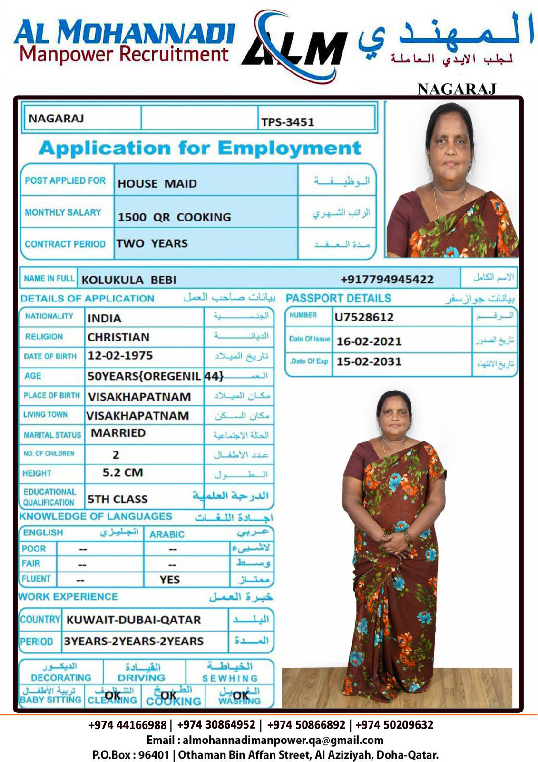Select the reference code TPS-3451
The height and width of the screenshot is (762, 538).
tap(287, 122)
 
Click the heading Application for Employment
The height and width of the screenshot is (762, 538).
tap(200, 148)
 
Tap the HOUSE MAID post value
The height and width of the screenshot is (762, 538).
tap(157, 183)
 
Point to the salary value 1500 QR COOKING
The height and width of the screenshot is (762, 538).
tap(174, 217)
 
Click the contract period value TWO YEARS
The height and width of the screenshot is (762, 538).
tap(152, 243)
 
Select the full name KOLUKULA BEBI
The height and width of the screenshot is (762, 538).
tap(129, 280)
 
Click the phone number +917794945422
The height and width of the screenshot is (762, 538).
tap(387, 279)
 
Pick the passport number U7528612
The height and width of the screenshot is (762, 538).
tap(364, 317)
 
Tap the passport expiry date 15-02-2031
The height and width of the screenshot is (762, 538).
tap(369, 361)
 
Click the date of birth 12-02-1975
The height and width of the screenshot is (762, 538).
tap(120, 356)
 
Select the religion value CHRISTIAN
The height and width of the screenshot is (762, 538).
tap(118, 337)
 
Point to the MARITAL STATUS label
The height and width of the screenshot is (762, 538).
tap(52, 435)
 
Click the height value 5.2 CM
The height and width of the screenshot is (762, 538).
tap(123, 472)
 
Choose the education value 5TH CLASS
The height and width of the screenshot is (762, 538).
tap(117, 499)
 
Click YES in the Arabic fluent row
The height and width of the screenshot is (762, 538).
tap(170, 580)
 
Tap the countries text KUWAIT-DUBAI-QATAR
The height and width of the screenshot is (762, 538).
tap(134, 620)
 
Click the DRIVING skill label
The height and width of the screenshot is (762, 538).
tap(141, 677)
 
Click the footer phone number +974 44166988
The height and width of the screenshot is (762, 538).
tap(127, 725)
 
